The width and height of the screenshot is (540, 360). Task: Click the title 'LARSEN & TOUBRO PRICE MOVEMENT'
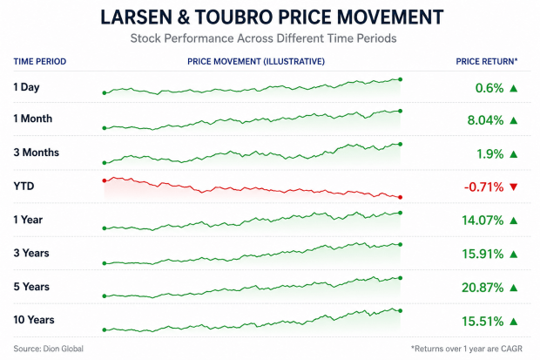point(272,17)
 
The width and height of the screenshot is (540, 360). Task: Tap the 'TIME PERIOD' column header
point(40,61)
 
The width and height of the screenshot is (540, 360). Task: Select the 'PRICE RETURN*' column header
point(487,61)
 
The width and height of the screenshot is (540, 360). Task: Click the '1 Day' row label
point(26,87)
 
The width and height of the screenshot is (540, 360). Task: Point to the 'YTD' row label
point(24,187)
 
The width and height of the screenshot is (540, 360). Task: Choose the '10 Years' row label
point(34,320)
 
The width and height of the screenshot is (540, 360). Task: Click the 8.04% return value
point(485,120)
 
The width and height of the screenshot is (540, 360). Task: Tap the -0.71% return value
point(483,187)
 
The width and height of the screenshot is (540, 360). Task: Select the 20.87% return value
point(483,288)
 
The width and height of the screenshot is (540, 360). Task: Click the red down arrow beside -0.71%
point(514,187)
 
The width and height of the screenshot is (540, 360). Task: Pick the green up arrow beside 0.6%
point(514,88)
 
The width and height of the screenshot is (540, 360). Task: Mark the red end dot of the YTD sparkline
point(400,197)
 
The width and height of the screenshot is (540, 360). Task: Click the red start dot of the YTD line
point(105,180)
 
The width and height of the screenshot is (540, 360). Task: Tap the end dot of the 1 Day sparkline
point(400,79)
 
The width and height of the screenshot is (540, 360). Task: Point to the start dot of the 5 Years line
point(105,295)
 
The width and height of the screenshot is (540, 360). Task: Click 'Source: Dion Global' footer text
point(49,349)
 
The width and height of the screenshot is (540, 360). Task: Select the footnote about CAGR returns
point(467,349)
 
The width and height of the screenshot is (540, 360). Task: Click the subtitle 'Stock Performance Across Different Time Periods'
point(263,38)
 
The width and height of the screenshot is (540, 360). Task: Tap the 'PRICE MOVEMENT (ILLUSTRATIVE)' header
point(256,61)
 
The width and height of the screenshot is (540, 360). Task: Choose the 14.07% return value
point(483,221)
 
